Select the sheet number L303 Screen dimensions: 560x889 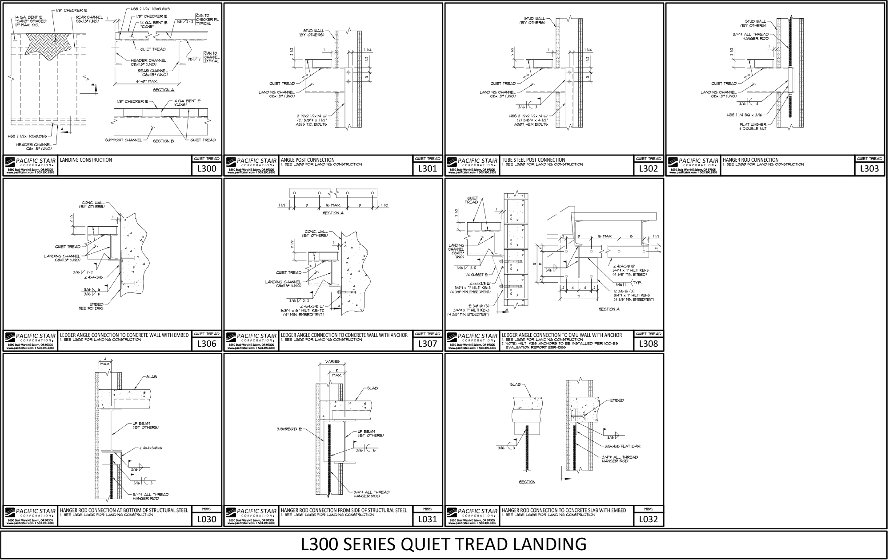coord(869,168)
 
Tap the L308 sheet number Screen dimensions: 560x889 coord(649,344)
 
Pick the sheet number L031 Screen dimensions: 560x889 coord(428,519)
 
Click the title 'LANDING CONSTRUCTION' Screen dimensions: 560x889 coord(86,160)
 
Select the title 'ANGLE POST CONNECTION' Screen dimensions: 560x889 coord(308,160)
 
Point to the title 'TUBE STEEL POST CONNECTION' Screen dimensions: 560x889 coord(533,160)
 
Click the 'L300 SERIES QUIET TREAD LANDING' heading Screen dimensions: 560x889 coord(444,544)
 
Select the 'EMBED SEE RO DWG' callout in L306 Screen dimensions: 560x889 coord(96,306)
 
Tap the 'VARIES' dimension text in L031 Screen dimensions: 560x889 coord(332,361)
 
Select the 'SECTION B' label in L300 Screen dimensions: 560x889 coord(163,141)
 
